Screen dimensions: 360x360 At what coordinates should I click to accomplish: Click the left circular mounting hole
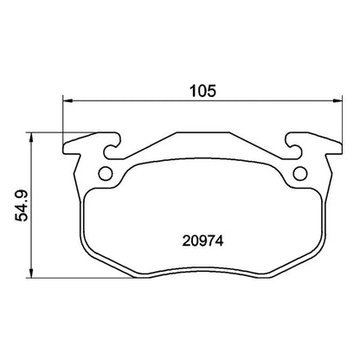pos(106,172)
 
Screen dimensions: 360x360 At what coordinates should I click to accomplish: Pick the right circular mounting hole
pos(299,173)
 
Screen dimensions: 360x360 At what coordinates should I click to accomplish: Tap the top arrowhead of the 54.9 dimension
pos(33,136)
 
